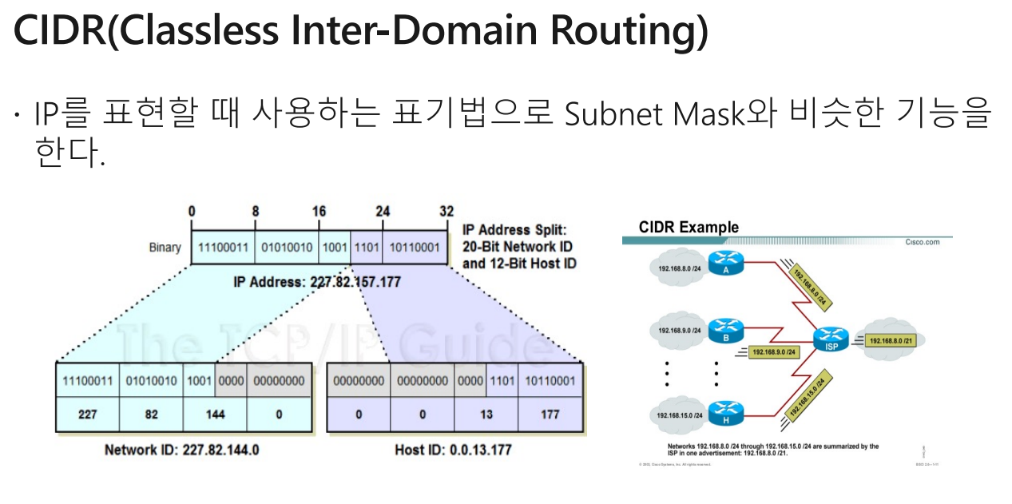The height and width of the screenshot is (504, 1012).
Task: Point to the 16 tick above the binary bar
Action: [x=319, y=212]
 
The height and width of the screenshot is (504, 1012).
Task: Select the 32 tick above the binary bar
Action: [x=446, y=212]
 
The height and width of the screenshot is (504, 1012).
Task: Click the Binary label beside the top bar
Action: [x=165, y=248]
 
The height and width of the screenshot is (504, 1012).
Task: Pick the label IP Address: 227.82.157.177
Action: [x=317, y=282]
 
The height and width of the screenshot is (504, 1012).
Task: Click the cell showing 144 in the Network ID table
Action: [x=215, y=415]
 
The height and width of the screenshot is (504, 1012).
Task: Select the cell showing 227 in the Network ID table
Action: [x=87, y=415]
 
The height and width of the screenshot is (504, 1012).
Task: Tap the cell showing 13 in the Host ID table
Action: [x=486, y=415]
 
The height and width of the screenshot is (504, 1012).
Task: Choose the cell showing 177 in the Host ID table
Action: [x=550, y=415]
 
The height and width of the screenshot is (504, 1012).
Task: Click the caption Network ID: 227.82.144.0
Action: [x=182, y=450]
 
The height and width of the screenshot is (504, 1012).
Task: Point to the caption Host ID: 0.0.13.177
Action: [x=453, y=450]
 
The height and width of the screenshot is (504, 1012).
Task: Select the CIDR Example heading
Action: [x=689, y=228]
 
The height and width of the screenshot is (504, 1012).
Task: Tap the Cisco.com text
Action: [x=922, y=242]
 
